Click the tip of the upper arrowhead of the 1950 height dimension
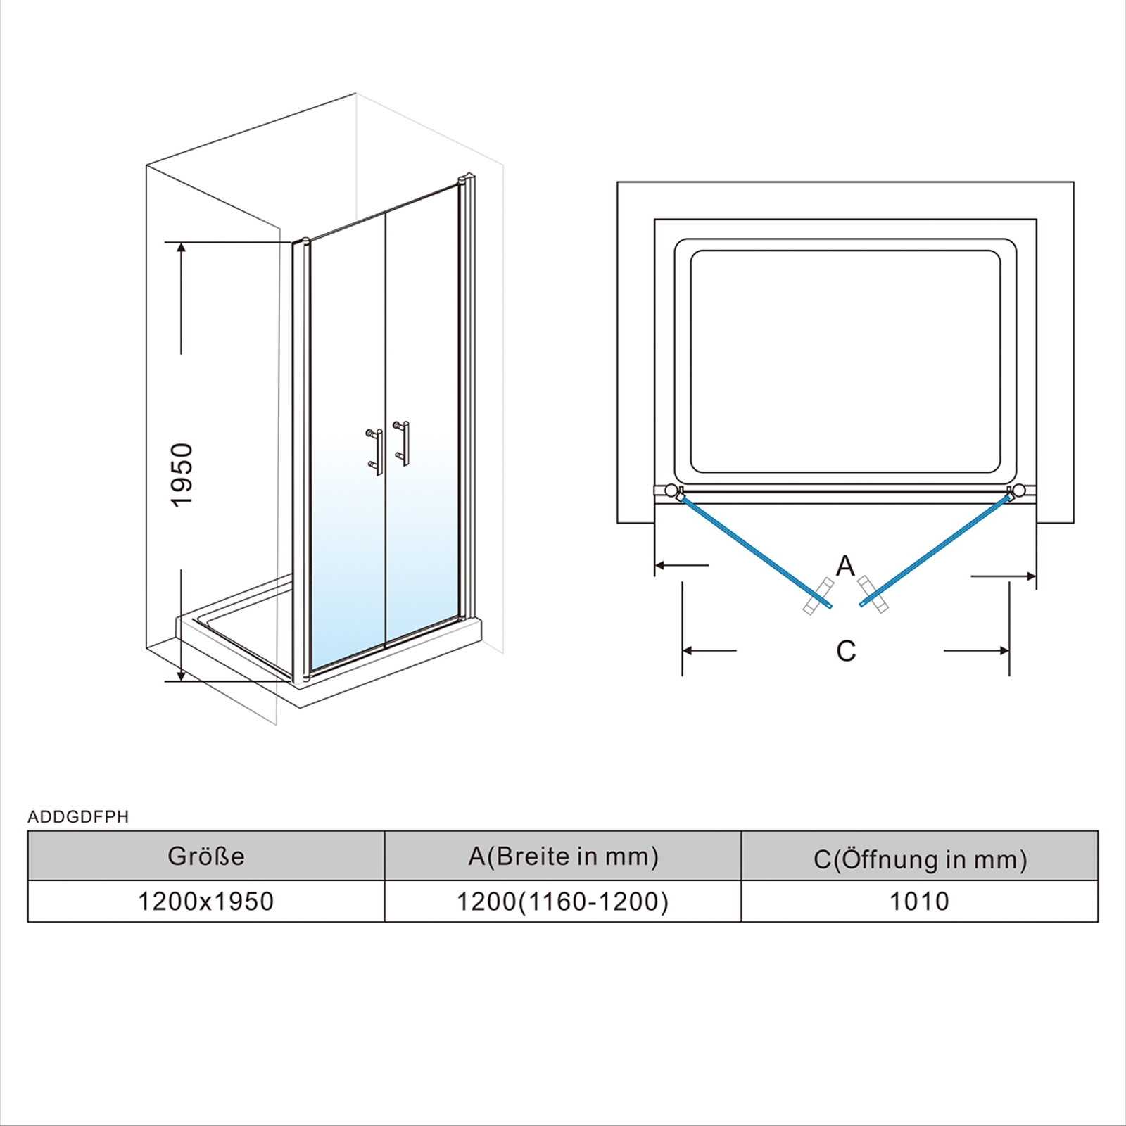click(182, 242)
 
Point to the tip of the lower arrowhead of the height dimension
click(182, 681)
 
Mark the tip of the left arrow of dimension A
click(655, 564)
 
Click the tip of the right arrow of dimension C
click(1009, 650)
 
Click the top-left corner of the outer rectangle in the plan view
click(617, 182)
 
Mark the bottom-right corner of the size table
click(1098, 922)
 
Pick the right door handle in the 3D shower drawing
click(402, 443)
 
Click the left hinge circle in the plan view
click(671, 490)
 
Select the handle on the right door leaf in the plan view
click(873, 595)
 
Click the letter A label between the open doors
click(845, 565)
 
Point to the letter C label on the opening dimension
click(846, 650)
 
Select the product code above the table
click(78, 816)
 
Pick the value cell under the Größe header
click(206, 901)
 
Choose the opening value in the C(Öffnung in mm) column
click(919, 901)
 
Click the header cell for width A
click(563, 856)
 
